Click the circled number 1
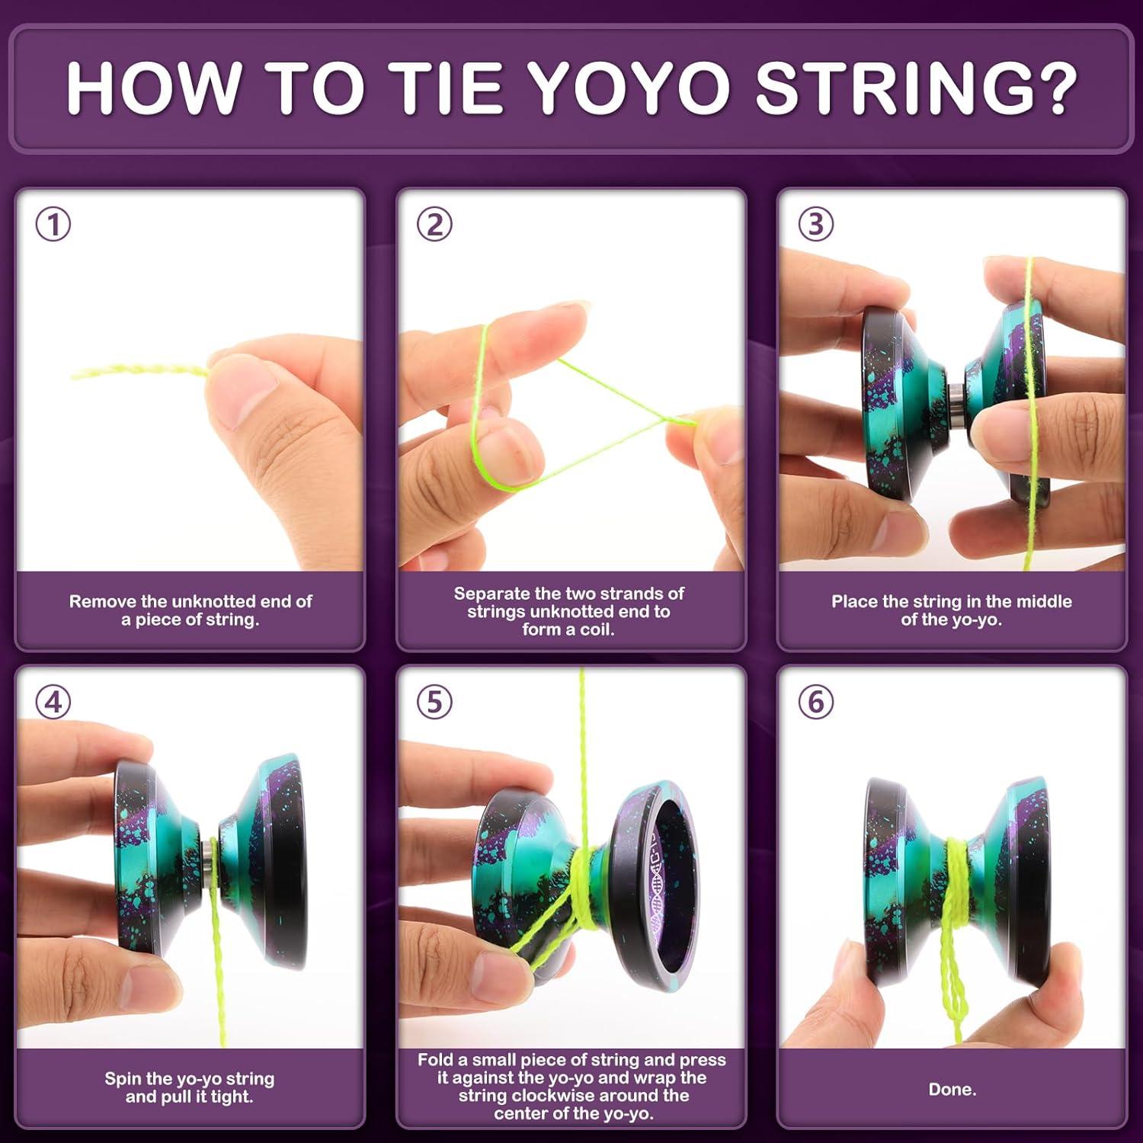53,225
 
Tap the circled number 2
434,225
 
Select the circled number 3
815,225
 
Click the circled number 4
53,702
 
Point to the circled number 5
434,702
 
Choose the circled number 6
815,702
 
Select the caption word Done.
952,1090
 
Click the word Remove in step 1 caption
104,602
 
